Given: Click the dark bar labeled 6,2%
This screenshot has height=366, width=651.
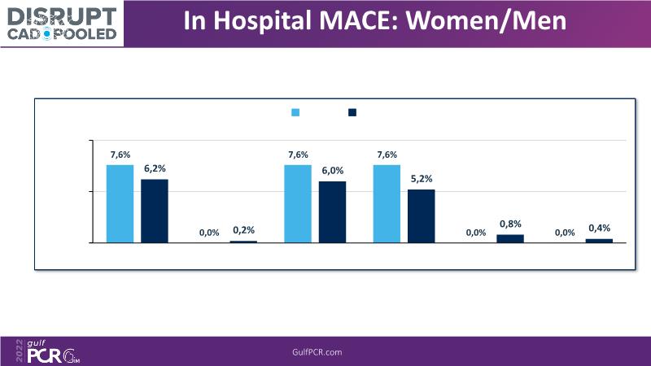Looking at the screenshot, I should (155, 211).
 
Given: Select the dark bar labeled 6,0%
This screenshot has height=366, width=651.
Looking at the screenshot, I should (332, 211).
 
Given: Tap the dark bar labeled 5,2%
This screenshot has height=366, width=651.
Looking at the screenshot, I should (422, 216).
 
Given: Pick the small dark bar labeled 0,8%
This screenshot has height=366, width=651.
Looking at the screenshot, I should (510, 238).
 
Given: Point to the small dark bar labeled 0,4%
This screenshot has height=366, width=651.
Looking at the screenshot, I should (599, 240).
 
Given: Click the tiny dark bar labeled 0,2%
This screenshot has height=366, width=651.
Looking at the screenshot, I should (243, 242).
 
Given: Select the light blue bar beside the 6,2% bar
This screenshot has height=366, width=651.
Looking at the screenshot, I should (120, 203).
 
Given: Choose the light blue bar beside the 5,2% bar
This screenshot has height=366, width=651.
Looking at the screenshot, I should (387, 203).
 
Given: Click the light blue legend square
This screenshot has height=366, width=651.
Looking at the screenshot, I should (296, 112).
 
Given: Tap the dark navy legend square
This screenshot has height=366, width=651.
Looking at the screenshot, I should (352, 112).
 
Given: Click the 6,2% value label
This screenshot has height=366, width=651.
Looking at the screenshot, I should (155, 168).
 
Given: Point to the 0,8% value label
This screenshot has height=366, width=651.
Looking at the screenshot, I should (510, 224).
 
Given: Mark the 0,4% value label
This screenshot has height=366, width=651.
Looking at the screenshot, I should (599, 228).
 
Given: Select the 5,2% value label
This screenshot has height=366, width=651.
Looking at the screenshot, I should (422, 179).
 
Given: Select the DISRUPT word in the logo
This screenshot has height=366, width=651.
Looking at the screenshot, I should (62, 13).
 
